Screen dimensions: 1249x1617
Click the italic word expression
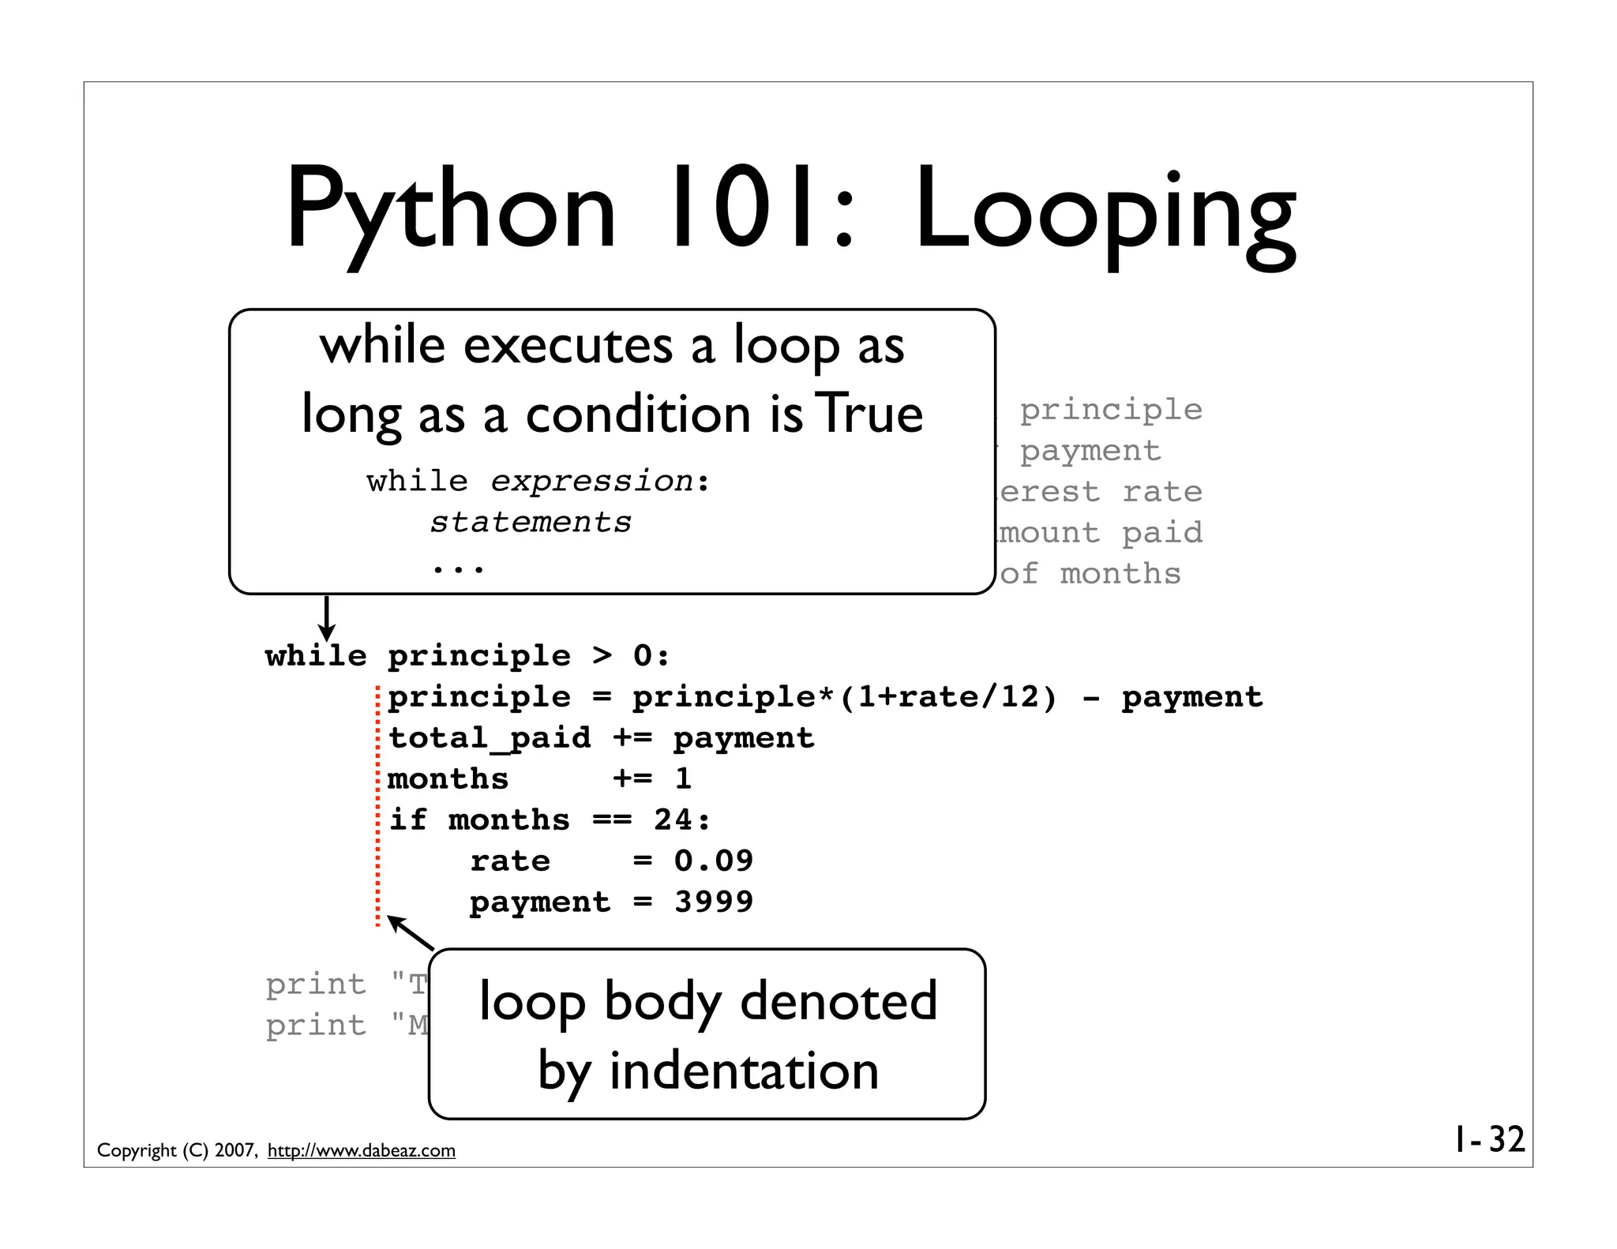[x=591, y=481]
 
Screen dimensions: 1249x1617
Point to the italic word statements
[x=531, y=522]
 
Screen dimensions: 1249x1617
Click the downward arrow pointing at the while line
[x=326, y=619]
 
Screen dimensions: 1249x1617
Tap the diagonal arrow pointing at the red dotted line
[x=411, y=932]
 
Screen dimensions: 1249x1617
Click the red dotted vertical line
[x=378, y=805]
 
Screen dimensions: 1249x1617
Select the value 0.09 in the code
[x=714, y=861]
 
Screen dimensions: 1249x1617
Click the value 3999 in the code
[x=714, y=902]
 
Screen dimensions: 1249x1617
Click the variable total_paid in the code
[x=490, y=738]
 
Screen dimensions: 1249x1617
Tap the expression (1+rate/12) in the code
[x=947, y=697]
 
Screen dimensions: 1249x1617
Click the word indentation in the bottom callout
[x=744, y=1071]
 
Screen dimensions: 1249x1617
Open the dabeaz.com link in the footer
[x=362, y=1150]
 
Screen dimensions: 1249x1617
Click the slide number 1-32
[x=1490, y=1139]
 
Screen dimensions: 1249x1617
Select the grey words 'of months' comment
[x=1090, y=574]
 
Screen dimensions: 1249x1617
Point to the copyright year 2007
[x=234, y=1150]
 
